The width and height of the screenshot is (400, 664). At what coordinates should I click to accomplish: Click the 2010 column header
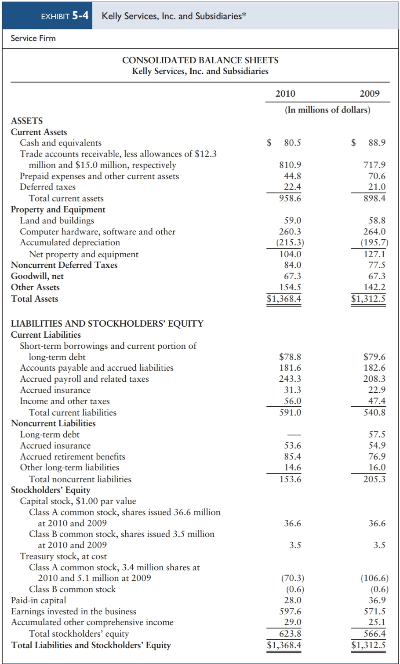pos(285,94)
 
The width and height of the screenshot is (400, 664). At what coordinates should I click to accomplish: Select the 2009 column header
pos(369,94)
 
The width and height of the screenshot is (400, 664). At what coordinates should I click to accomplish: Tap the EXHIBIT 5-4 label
pos(65,16)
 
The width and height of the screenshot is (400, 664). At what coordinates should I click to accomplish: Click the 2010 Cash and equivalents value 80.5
pos(292,142)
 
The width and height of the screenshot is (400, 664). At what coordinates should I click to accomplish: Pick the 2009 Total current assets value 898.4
pos(374,198)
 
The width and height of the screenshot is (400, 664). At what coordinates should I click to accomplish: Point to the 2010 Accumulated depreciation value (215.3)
pos(290,242)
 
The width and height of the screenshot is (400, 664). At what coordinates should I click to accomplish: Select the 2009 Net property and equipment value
pos(374,254)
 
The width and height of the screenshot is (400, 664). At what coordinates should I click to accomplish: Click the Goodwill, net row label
pos(37,276)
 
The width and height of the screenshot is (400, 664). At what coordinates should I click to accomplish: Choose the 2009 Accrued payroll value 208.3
pos(374,379)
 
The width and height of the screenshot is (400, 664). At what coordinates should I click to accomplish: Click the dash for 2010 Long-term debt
pos(294,435)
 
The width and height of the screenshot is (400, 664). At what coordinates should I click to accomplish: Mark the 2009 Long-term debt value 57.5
pos(377,434)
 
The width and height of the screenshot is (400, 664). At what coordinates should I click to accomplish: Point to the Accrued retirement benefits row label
pos(73,456)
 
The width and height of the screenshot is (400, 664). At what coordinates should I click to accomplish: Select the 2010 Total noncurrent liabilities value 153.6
pos(290,479)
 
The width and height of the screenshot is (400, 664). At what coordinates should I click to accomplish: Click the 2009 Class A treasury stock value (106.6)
pos(374,578)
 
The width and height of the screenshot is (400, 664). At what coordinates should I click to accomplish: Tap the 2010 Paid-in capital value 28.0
pos(292,600)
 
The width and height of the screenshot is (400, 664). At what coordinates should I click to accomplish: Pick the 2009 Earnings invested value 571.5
pos(374,611)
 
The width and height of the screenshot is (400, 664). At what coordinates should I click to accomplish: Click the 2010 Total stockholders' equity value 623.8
pos(290,634)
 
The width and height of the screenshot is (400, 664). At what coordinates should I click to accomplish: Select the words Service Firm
pos(33,38)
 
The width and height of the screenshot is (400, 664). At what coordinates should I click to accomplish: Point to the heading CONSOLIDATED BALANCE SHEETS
pos(200,60)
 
